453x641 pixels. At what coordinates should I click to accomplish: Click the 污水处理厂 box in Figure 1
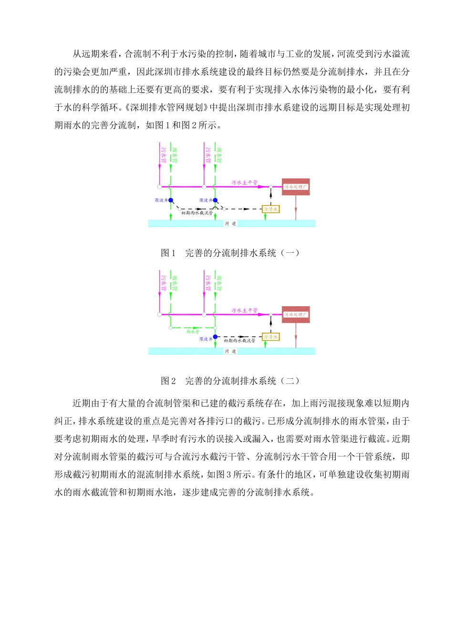coord(296,187)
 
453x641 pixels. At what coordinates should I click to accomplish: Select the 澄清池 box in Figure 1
coord(271,209)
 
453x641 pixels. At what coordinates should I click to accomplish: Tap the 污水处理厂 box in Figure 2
coord(296,315)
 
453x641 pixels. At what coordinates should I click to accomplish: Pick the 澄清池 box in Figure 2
coord(271,337)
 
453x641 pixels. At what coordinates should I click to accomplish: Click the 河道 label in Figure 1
coord(231,224)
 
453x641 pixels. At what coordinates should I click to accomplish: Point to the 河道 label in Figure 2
coord(231,352)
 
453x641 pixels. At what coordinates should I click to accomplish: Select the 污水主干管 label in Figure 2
coord(245,310)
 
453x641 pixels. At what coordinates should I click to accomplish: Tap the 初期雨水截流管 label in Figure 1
coord(197,213)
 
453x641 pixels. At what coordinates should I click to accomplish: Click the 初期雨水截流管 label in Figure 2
coord(239,341)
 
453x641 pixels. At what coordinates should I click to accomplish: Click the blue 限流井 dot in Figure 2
coord(216,337)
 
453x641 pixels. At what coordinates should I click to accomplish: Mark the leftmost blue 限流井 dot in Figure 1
coord(171,201)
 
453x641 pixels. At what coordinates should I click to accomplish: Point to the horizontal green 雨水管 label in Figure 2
coord(193,331)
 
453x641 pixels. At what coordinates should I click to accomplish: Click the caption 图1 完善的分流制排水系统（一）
coord(230,253)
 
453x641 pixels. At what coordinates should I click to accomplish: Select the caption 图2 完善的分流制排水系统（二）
coord(230,381)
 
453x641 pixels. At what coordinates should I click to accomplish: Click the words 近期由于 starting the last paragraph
coord(91,403)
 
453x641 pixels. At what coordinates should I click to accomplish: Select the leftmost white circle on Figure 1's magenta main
coord(159,187)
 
